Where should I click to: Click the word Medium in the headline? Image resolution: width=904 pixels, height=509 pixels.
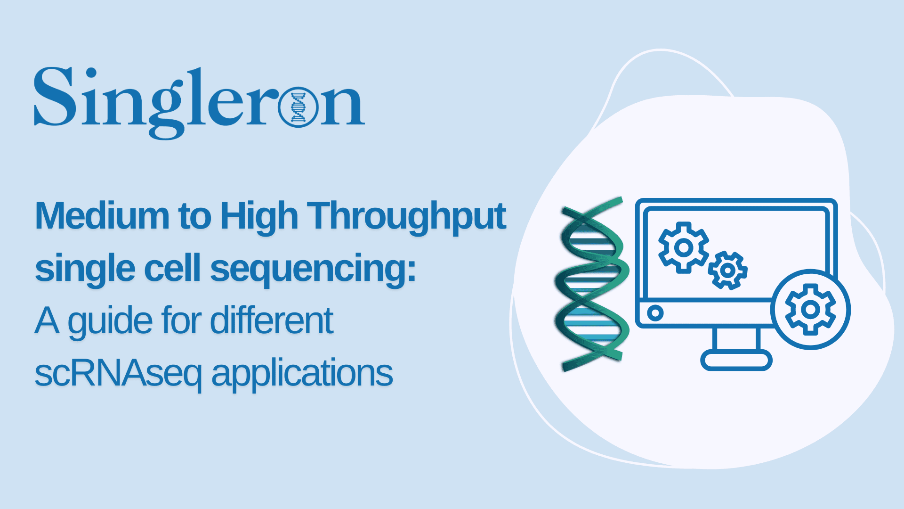(x=102, y=216)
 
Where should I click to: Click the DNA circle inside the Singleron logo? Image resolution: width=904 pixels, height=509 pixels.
(x=298, y=107)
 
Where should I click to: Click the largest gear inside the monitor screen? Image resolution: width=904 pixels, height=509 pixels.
(x=683, y=247)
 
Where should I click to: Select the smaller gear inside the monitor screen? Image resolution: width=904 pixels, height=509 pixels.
(x=727, y=271)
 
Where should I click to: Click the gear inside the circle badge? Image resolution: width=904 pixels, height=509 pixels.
(x=810, y=310)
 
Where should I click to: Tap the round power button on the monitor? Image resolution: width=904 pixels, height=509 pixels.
(x=655, y=312)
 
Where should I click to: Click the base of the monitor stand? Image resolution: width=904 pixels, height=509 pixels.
(x=736, y=361)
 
